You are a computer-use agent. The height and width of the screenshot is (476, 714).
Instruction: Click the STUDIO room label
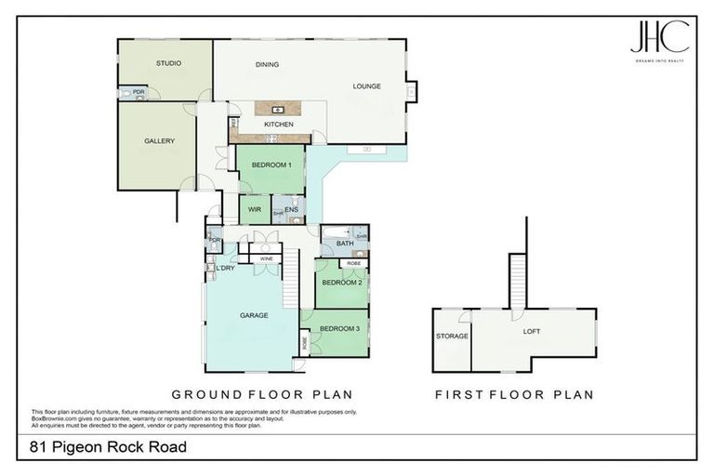pos(168,63)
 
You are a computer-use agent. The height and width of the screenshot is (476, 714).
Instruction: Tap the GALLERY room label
pos(159,141)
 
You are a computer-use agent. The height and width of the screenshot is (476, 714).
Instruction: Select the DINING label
pos(268,65)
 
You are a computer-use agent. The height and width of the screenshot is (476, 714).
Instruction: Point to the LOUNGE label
pos(366,86)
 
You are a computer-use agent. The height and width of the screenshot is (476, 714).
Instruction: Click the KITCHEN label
pos(279,125)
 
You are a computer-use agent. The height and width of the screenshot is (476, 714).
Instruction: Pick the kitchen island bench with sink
pos(277,110)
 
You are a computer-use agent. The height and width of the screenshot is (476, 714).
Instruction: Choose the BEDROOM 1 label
pos(271,165)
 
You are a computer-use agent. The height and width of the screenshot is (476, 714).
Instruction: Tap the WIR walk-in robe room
pos(254,210)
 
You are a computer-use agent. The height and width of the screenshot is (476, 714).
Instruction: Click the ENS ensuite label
pos(291,210)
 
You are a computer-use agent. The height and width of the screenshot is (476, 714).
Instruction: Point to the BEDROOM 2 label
pos(341,282)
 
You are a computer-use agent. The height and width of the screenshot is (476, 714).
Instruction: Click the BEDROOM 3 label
pos(338,329)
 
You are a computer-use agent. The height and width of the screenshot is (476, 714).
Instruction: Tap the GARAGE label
pos(254,315)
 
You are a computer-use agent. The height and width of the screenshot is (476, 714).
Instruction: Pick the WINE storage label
pos(266,258)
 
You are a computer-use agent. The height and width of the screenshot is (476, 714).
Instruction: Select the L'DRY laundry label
pos(226,269)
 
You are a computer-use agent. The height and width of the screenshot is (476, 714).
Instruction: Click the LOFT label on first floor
pos(531,330)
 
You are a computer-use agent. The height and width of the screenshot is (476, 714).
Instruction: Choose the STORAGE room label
pos(452,336)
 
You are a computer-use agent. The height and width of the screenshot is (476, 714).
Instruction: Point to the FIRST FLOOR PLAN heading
pos(514,395)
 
